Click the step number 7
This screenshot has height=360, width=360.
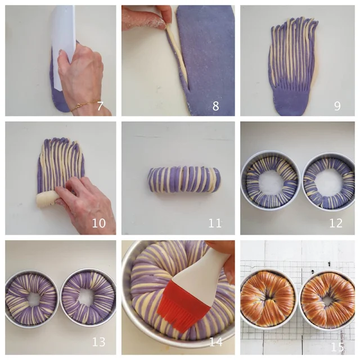click(100, 106)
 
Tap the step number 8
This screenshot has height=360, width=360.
click(215, 106)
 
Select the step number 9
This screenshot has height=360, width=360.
click(337, 106)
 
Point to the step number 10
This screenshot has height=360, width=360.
click(99, 223)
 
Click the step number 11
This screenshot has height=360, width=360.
click(215, 223)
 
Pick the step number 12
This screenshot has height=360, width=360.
click(336, 223)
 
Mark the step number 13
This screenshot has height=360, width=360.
click(99, 342)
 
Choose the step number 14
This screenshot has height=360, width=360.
click(216, 342)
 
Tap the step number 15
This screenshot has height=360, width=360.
click(337, 347)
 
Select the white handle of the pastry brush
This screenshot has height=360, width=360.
click(201, 271)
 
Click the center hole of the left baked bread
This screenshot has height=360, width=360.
click(270, 300)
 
